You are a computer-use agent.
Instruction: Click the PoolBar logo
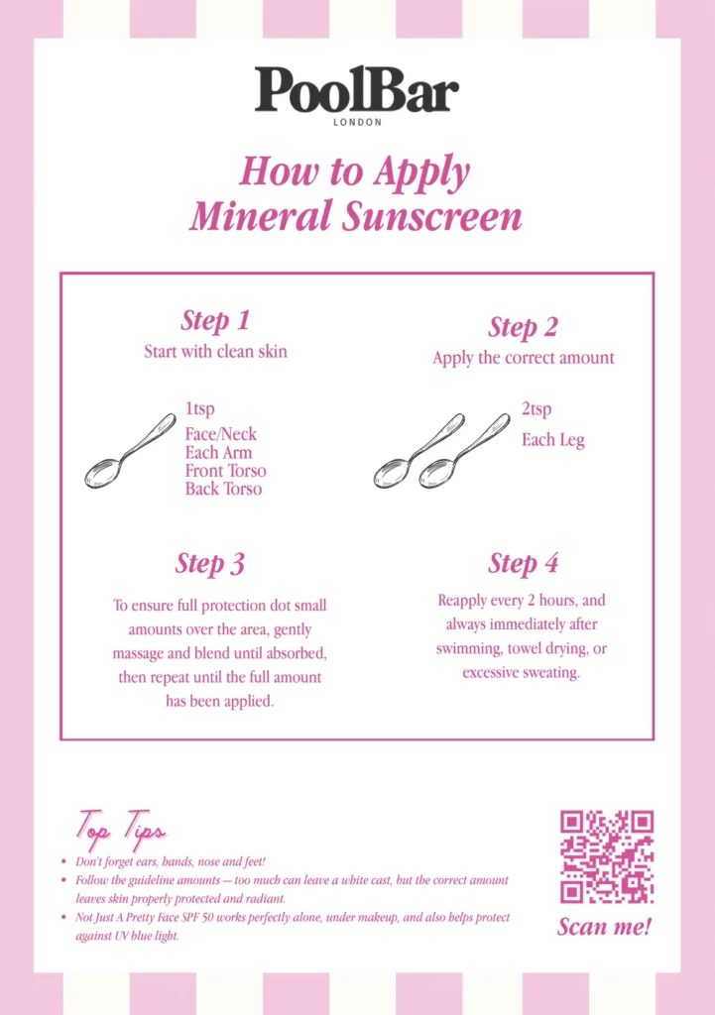357,90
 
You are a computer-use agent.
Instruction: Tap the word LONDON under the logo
357,123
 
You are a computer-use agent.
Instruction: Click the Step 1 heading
214,320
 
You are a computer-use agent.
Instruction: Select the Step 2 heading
523,327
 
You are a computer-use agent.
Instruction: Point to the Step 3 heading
209,563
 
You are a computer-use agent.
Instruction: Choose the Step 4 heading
523,563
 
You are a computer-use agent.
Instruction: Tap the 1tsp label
199,408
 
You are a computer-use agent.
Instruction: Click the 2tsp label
536,408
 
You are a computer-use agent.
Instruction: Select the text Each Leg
552,440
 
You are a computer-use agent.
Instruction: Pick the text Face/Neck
220,434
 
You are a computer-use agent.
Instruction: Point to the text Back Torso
223,489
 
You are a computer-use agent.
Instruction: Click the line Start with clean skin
215,351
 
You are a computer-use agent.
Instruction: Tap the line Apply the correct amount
523,358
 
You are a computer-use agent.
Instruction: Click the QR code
606,856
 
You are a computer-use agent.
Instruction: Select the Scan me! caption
604,928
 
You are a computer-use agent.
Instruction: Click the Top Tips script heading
120,828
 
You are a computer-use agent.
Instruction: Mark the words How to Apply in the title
355,170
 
